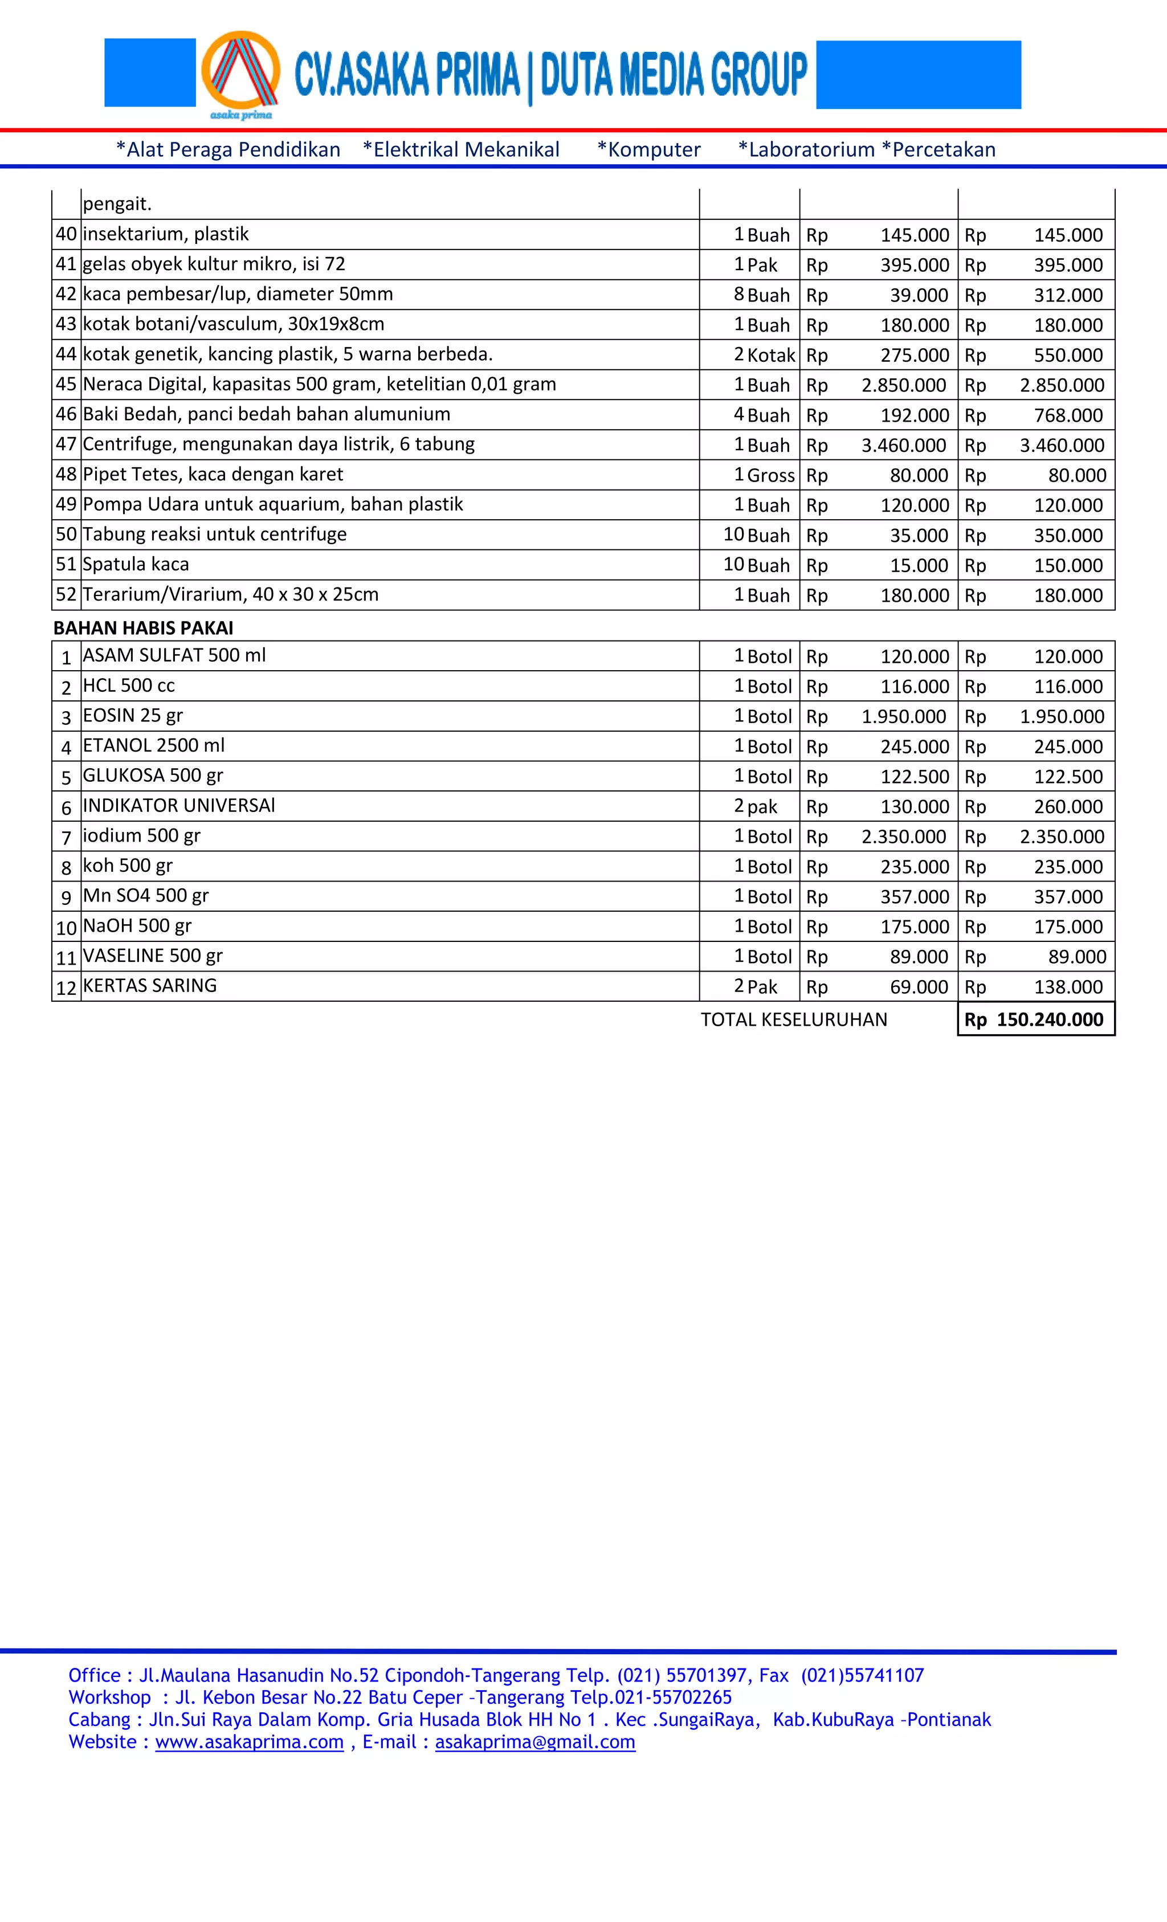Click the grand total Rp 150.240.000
click(x=1035, y=1019)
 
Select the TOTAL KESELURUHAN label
click(x=793, y=1019)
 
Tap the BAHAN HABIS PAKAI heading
click(x=143, y=628)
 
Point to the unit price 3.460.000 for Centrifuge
click(x=903, y=446)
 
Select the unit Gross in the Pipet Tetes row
click(x=771, y=475)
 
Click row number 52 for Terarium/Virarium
click(x=66, y=594)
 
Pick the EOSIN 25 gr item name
click(x=133, y=715)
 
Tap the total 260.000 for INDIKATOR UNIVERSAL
click(x=1068, y=806)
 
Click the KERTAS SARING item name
click(x=150, y=985)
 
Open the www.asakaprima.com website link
click(x=249, y=1742)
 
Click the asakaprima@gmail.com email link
click(x=535, y=1742)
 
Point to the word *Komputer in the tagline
click(x=648, y=150)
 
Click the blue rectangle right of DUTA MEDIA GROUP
click(x=918, y=75)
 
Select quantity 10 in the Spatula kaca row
click(x=733, y=564)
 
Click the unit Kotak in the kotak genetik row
click(x=771, y=356)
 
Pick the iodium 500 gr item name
click(x=141, y=835)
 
